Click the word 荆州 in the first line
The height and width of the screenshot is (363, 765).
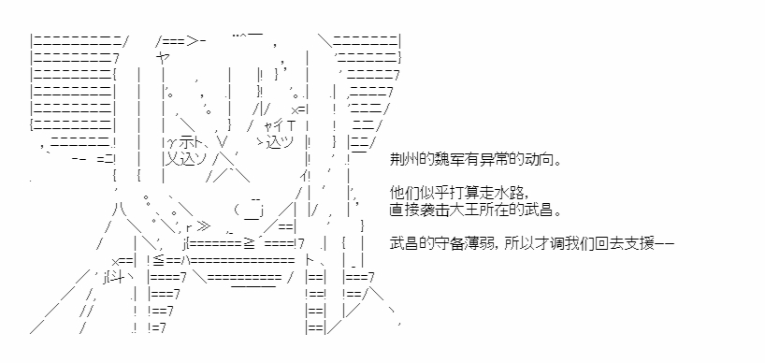(x=402, y=160)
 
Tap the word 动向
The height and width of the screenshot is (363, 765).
(x=534, y=160)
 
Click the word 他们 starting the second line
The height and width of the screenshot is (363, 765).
(x=402, y=194)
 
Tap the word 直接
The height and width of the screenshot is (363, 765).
(x=402, y=210)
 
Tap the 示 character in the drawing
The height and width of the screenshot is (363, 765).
(x=186, y=143)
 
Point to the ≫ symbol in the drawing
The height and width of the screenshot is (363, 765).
(x=204, y=226)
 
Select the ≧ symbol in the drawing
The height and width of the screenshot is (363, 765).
(x=249, y=243)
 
